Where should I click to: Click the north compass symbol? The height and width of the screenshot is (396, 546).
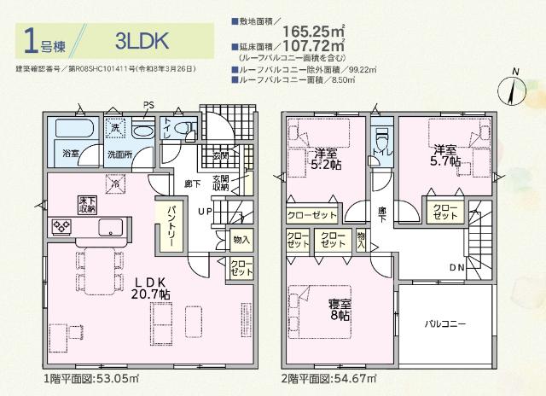click(x=514, y=89)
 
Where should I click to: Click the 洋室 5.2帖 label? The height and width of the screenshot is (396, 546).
click(x=326, y=160)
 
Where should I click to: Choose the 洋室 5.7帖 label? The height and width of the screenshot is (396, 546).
click(x=444, y=154)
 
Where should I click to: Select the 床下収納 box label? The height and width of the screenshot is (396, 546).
click(x=87, y=204)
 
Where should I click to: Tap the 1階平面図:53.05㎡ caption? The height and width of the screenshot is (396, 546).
click(x=91, y=376)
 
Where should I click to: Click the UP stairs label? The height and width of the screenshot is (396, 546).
click(x=206, y=211)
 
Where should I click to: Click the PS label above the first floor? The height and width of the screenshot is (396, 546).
click(x=148, y=105)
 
